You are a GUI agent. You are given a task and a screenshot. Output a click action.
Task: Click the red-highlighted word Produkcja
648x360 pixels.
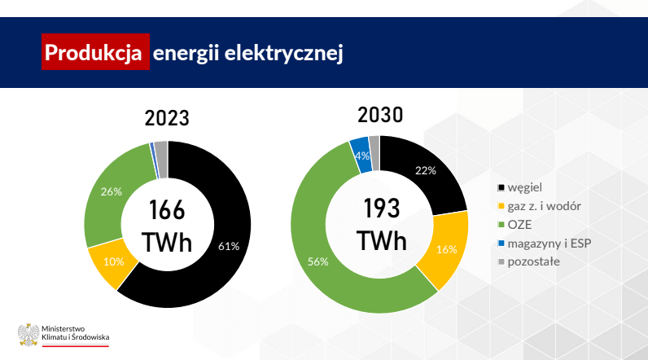[94, 52]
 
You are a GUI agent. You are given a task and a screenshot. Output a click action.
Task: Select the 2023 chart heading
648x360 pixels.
[167, 118]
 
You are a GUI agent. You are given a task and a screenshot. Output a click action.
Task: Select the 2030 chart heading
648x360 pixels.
[380, 115]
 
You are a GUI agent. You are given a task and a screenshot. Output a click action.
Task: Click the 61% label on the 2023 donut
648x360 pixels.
[229, 246]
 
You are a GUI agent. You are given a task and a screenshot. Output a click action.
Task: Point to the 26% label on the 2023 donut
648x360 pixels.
[112, 191]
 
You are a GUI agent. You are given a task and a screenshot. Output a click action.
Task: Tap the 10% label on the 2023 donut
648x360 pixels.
[114, 261]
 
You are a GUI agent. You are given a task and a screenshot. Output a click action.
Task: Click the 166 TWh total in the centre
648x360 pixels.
[167, 226]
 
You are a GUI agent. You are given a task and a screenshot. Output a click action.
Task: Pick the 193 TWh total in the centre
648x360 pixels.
[382, 225]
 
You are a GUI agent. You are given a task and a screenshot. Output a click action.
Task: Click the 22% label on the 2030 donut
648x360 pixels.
[426, 170]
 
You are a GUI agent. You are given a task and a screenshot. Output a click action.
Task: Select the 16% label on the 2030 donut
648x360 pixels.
[447, 250]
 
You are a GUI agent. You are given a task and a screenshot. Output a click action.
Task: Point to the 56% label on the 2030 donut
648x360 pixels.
[318, 261]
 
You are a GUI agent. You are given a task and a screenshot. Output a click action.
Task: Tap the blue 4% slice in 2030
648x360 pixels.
[361, 156]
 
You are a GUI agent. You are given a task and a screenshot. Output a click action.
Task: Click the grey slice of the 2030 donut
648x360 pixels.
[374, 152]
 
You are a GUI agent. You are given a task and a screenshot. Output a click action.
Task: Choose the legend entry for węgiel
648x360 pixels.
[520, 187]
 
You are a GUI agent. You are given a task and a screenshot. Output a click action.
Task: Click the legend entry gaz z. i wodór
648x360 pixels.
[539, 206]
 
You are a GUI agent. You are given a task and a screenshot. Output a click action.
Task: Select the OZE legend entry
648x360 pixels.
[514, 225]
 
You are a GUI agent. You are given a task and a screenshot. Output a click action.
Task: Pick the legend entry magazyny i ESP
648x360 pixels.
[545, 244]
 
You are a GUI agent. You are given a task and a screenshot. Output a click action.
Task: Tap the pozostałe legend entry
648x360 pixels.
[528, 261]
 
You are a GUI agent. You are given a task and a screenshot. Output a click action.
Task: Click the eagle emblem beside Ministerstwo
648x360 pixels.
[28, 335]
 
